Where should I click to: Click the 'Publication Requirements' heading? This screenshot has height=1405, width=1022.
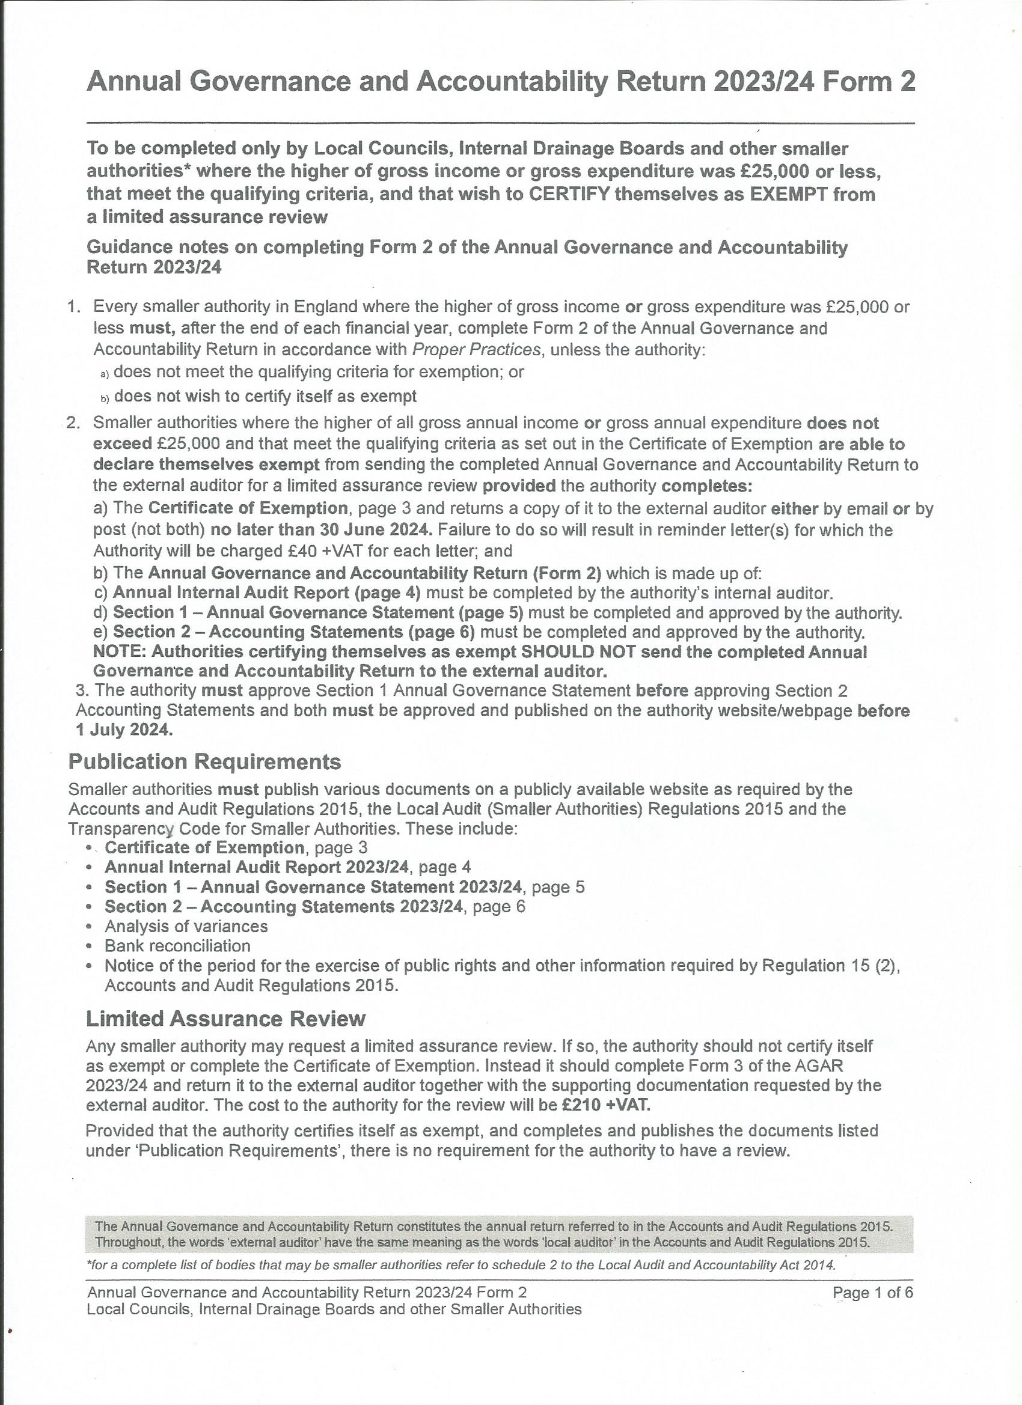tap(204, 761)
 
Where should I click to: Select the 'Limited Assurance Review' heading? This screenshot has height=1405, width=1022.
tap(225, 1019)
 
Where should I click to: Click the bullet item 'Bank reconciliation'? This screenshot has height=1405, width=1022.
tap(177, 945)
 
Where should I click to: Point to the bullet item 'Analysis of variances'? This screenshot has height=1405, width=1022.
tap(186, 926)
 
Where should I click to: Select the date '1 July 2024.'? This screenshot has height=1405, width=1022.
tap(124, 730)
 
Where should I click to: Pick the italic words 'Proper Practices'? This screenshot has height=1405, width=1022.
tap(476, 349)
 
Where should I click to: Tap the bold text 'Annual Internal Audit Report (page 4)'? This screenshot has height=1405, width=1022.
tap(266, 593)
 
